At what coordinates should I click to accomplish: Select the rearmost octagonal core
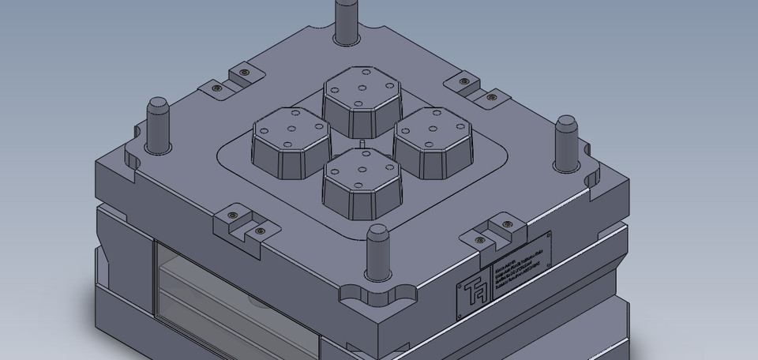(x=361, y=99)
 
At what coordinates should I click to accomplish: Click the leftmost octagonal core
(x=291, y=142)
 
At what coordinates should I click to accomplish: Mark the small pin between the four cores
(x=361, y=144)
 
